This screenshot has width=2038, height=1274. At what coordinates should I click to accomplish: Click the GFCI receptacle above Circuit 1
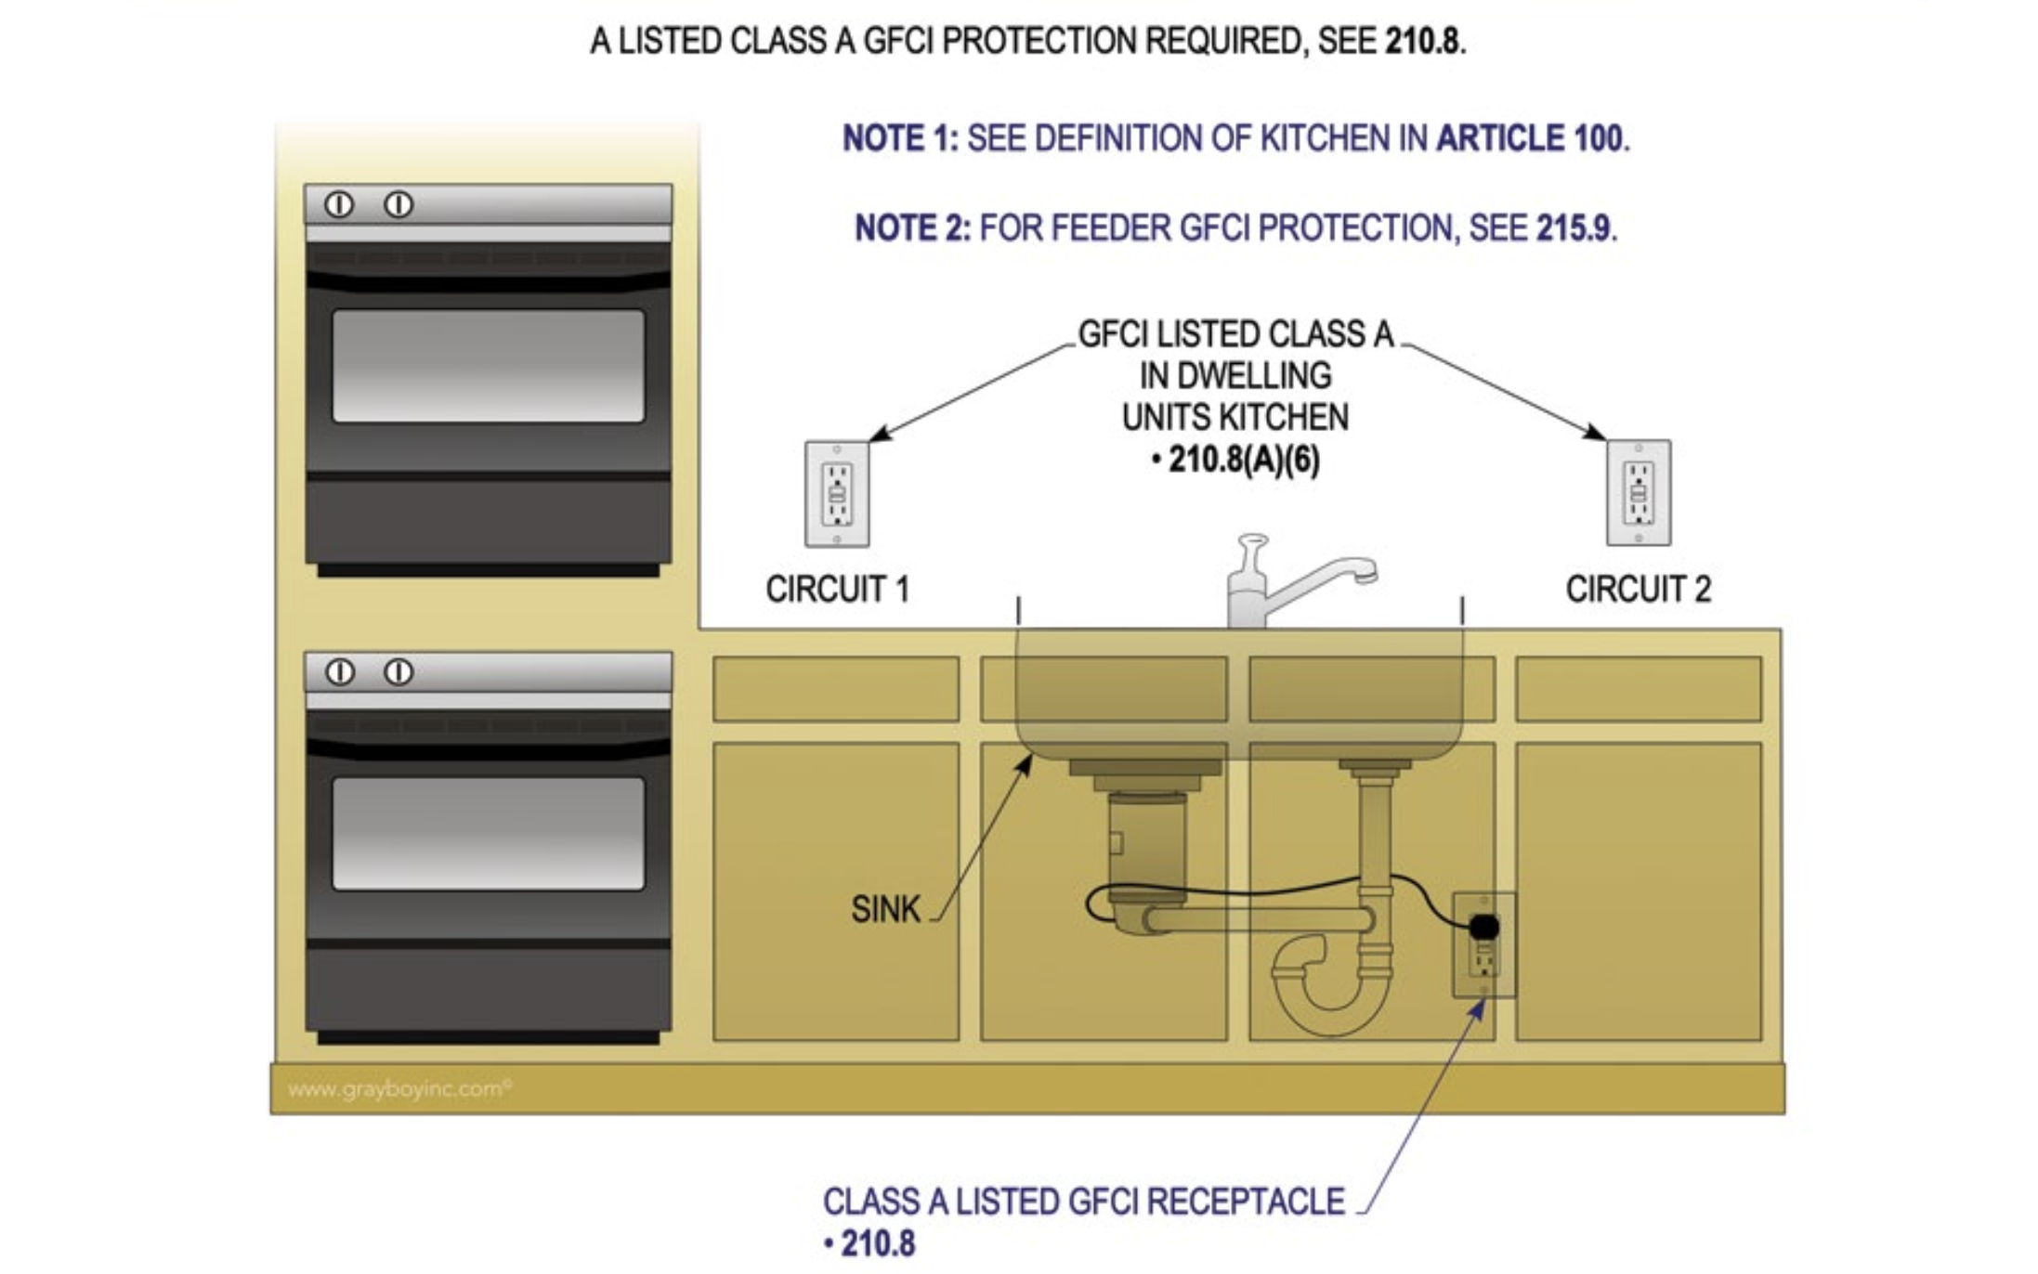[x=837, y=493]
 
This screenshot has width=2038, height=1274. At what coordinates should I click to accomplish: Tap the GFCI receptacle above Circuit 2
[x=1639, y=492]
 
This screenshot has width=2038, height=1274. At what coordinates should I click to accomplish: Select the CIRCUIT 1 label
[x=837, y=589]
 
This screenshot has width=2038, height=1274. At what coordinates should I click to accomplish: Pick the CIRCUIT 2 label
[x=1638, y=589]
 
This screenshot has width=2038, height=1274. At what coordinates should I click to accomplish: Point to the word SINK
[x=885, y=908]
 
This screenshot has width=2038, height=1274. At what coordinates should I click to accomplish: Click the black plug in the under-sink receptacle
[x=1484, y=926]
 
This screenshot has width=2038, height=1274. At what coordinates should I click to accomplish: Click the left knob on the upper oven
[x=339, y=204]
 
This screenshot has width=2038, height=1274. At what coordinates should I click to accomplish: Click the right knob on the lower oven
[x=398, y=671]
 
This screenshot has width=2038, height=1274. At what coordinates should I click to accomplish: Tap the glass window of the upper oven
[x=488, y=366]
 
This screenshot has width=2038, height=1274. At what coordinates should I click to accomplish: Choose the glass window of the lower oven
[x=488, y=833]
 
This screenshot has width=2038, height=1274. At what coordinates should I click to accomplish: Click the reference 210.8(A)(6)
[x=1243, y=460]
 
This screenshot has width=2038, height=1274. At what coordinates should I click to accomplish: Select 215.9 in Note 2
[x=1573, y=227]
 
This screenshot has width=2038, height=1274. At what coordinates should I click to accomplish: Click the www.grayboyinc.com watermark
[x=399, y=1088]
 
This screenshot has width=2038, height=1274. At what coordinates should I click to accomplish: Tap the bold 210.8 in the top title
[x=1421, y=41]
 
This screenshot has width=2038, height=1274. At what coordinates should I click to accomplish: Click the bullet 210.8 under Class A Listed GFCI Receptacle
[x=876, y=1243]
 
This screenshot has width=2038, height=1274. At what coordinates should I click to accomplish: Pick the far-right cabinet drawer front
[x=1638, y=689]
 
